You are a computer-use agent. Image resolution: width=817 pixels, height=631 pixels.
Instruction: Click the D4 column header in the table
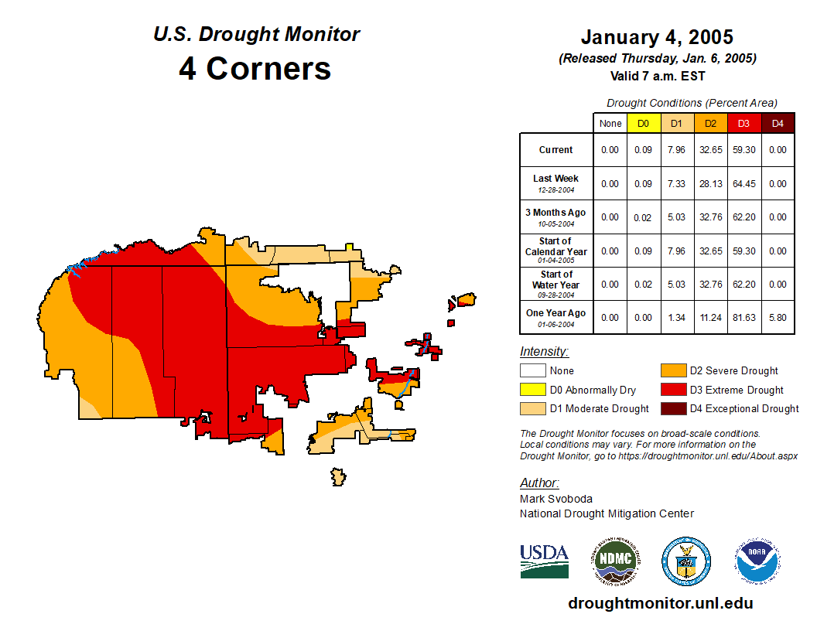(x=778, y=123)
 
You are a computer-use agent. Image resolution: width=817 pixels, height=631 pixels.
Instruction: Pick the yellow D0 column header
(x=643, y=123)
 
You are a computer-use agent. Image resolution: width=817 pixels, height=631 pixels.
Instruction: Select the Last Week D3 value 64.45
(x=744, y=183)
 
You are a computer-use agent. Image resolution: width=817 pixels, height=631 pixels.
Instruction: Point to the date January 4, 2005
(x=657, y=37)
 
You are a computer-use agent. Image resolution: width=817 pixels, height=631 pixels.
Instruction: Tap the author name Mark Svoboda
(x=556, y=499)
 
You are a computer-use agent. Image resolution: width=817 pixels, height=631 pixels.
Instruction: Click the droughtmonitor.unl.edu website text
(x=660, y=603)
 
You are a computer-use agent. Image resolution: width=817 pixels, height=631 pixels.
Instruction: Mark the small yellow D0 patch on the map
(x=350, y=247)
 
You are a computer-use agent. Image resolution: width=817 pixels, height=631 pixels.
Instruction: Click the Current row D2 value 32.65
(x=710, y=150)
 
